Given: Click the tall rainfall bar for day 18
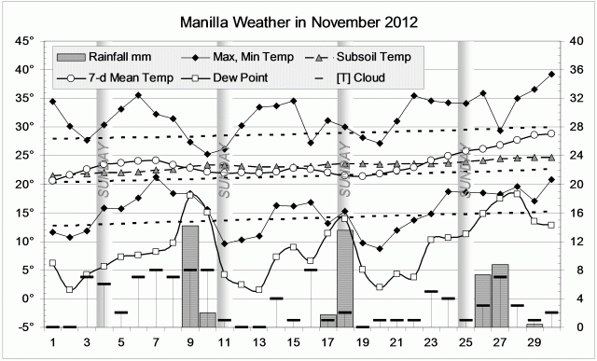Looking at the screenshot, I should point(345,277).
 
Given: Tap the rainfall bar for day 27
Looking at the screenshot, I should point(500,296).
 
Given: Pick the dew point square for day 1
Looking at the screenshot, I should point(52,263).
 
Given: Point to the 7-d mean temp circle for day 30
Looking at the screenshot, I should point(551,133).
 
